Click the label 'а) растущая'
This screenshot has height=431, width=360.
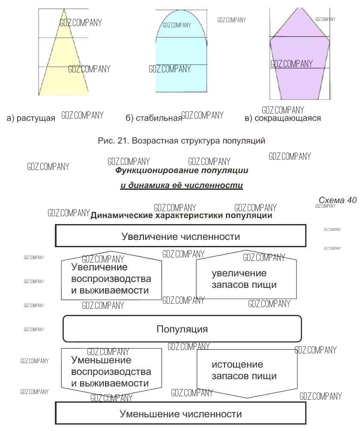click(31, 118)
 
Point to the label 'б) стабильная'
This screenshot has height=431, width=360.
click(154, 118)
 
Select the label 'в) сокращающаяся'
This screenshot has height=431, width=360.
click(282, 118)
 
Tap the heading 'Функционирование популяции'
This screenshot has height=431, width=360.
click(182, 171)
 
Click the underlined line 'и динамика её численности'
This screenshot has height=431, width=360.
click(181, 186)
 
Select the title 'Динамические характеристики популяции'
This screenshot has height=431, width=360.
click(181, 215)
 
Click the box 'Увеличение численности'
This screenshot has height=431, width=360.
click(180, 236)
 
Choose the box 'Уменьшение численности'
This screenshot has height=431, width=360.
click(180, 414)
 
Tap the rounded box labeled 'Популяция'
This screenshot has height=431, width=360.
click(182, 329)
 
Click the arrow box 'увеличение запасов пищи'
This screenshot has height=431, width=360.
click(246, 278)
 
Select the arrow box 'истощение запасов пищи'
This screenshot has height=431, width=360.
click(246, 371)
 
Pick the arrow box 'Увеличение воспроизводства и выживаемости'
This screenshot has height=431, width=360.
click(111, 278)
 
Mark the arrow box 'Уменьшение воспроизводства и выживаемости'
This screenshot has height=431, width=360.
click(111, 371)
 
